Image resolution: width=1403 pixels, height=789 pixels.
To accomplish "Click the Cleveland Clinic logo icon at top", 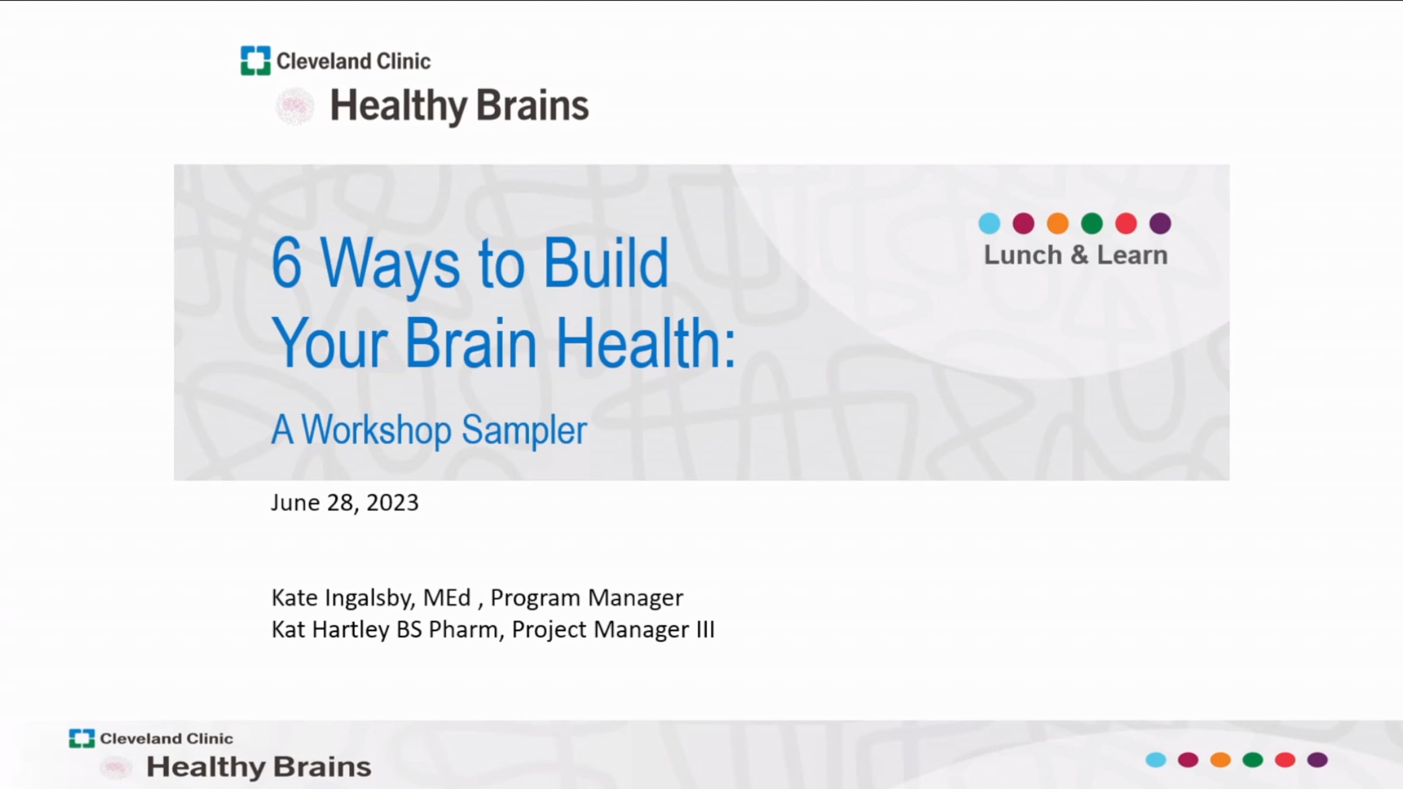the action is [x=255, y=61].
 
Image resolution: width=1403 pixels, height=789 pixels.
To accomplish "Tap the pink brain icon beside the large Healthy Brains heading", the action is [x=295, y=106].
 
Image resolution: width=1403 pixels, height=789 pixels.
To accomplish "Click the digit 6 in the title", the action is [x=286, y=263].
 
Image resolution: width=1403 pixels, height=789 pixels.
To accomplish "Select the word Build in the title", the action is [x=606, y=263].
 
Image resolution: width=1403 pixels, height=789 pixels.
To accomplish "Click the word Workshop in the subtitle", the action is [x=376, y=430].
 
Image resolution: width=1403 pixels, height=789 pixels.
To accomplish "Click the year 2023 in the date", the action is [x=392, y=503].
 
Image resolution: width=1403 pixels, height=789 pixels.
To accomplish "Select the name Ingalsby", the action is [x=369, y=598].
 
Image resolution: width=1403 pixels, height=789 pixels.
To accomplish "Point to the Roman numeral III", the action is [x=705, y=629].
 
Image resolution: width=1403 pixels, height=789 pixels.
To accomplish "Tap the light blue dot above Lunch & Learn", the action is [x=989, y=223].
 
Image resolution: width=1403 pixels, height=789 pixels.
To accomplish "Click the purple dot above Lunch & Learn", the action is [x=1160, y=223].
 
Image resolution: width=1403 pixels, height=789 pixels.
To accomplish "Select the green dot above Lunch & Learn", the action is [x=1091, y=223].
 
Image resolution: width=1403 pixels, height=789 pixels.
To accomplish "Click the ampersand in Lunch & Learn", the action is [x=1079, y=255].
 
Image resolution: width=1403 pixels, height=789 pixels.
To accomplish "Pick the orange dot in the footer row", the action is [x=1220, y=760].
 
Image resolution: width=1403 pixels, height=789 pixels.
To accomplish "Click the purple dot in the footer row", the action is [x=1317, y=760].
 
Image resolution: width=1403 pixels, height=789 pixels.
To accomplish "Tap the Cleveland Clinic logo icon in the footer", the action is [x=81, y=738].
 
